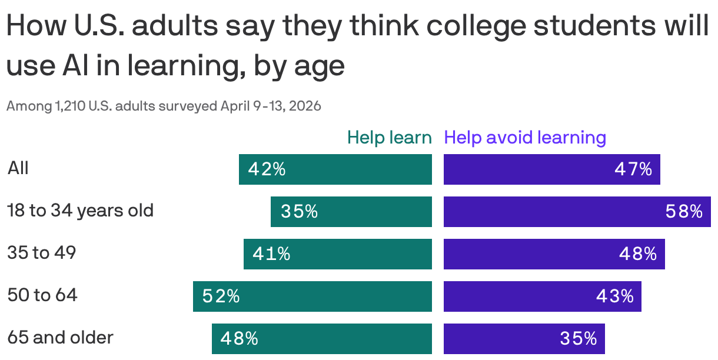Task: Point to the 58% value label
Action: pyautogui.click(x=684, y=212)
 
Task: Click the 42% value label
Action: pyautogui.click(x=267, y=169)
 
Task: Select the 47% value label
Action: pyautogui.click(x=633, y=169)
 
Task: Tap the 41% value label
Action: pyautogui.click(x=271, y=254)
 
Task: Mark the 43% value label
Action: pyautogui.click(x=614, y=296)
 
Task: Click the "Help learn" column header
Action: pyautogui.click(x=389, y=138)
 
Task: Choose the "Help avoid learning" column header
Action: pyautogui.click(x=525, y=138)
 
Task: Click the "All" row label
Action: pyautogui.click(x=18, y=169)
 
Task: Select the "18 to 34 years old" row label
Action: pyautogui.click(x=80, y=211)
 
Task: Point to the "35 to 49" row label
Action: pyautogui.click(x=42, y=253)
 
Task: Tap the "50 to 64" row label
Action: pyautogui.click(x=42, y=295)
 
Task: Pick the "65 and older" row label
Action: pyautogui.click(x=60, y=338)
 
